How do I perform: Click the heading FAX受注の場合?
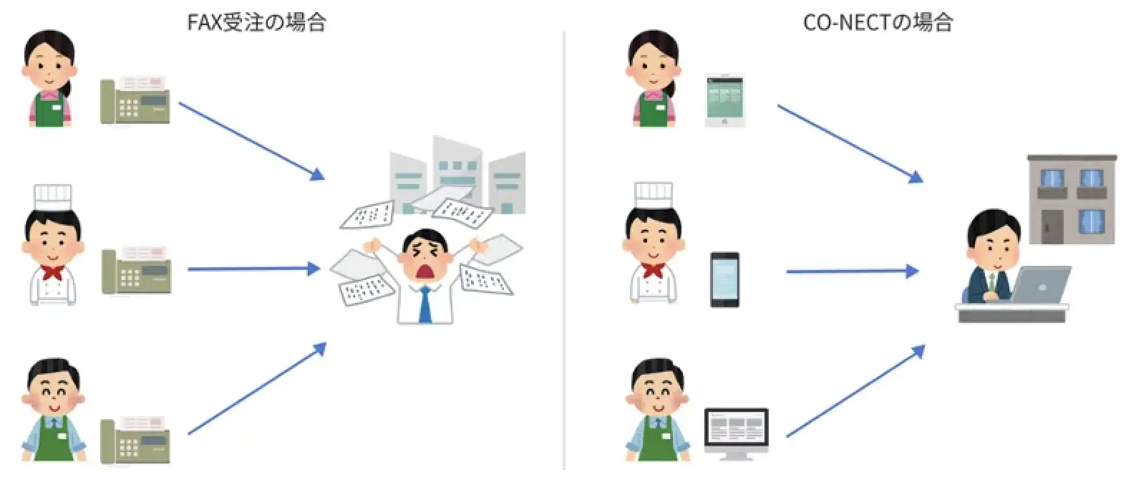[256, 22]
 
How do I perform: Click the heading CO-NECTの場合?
[878, 22]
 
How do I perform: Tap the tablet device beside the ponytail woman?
[724, 100]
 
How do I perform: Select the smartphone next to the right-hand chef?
[724, 279]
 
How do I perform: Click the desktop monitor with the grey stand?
[736, 432]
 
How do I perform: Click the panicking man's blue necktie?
[425, 304]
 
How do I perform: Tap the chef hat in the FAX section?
[53, 197]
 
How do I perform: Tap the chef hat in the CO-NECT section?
[653, 195]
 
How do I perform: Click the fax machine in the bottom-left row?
[135, 439]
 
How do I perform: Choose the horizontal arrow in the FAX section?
[253, 269]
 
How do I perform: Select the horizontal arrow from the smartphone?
[852, 272]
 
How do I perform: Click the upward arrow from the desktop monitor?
[855, 391]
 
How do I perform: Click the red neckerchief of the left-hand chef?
[52, 272]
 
